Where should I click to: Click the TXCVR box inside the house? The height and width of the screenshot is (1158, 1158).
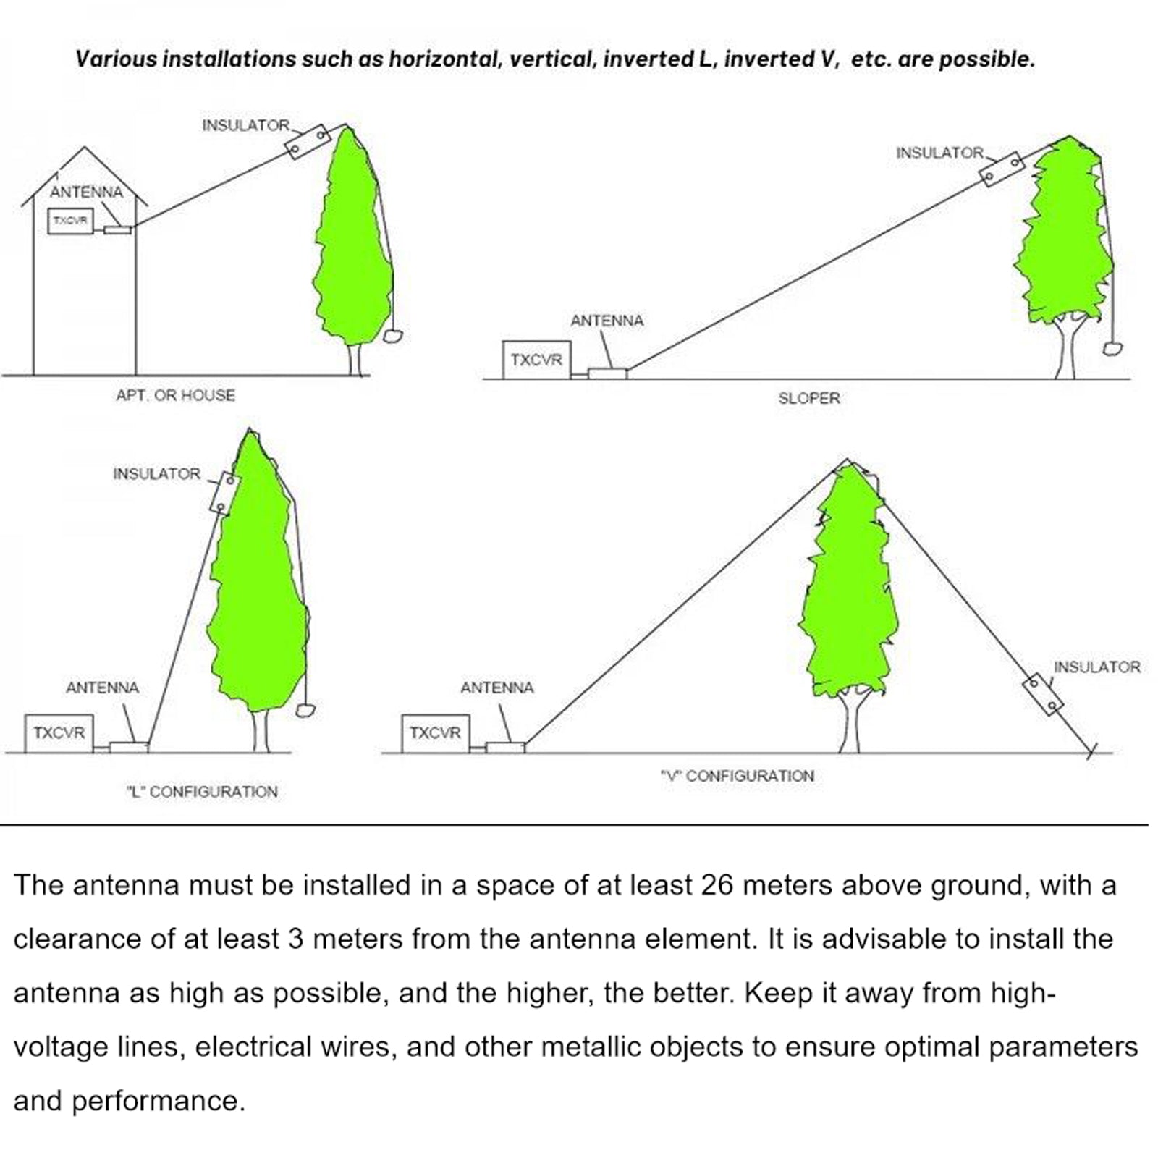tap(70, 221)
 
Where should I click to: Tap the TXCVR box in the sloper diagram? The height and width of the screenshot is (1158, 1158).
tap(536, 360)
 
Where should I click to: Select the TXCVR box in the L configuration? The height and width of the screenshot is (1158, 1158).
tap(59, 732)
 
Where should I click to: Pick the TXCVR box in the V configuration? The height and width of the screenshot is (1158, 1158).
tap(435, 732)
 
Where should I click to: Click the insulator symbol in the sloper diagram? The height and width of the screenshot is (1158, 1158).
tap(1002, 169)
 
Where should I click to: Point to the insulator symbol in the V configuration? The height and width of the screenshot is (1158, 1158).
tap(1043, 693)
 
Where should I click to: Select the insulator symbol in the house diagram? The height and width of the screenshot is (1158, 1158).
tap(308, 142)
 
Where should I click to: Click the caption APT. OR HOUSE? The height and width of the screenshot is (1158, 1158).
tap(176, 395)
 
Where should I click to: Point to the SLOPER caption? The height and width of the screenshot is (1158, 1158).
tap(808, 398)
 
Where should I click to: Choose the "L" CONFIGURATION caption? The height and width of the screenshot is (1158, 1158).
tap(202, 792)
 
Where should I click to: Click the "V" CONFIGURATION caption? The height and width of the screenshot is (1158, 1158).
tap(737, 776)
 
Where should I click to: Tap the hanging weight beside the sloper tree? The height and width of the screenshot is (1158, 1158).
tap(1112, 347)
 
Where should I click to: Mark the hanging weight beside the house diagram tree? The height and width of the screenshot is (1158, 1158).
tap(392, 337)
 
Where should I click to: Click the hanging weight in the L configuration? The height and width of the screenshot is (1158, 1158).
tap(305, 709)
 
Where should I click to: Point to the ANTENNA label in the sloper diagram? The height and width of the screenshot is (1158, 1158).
tap(607, 321)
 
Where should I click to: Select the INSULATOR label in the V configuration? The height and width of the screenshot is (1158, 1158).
tap(1096, 667)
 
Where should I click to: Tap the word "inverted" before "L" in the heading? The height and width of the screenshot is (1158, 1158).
tap(648, 59)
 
